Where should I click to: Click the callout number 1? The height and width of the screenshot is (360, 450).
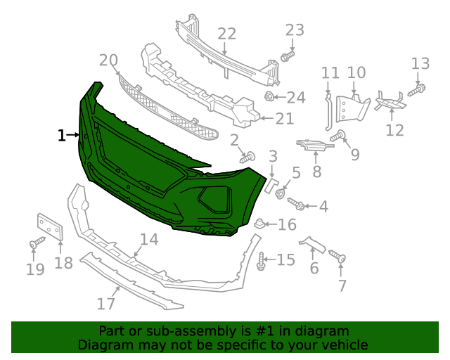(62, 135)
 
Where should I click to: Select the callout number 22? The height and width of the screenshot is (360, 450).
(226, 33)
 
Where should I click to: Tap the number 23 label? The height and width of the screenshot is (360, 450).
(295, 30)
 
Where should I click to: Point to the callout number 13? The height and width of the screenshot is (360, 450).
(420, 63)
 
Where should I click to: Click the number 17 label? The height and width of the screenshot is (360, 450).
(105, 304)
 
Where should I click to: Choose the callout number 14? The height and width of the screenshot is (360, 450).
(148, 240)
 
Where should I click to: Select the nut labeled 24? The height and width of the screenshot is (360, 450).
(269, 96)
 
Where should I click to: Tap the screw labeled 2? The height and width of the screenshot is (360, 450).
(247, 158)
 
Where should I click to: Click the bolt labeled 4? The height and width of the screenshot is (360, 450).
(297, 204)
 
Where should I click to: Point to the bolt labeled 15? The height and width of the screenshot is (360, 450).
(262, 261)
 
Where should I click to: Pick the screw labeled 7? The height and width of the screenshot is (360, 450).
(340, 259)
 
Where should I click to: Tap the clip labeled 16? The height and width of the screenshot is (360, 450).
(259, 224)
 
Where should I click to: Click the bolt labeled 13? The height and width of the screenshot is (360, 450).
(415, 89)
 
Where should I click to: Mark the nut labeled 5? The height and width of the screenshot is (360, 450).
(280, 193)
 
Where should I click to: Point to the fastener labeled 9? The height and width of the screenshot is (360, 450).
(338, 136)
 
